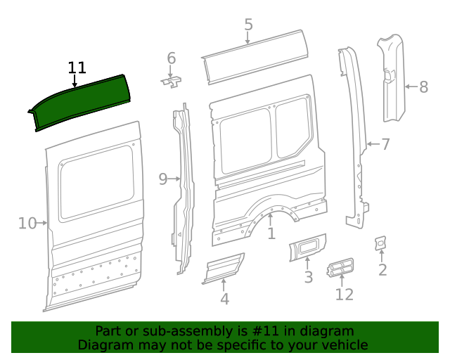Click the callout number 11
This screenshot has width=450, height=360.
pos(77,67)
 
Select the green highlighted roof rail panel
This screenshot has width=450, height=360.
pos(81,103)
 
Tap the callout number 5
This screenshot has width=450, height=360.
pos(248,25)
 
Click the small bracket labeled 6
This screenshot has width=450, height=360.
pos(171,82)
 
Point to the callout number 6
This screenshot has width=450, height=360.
pos(171,57)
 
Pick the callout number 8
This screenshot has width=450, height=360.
pos(423,87)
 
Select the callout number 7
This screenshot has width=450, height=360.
pos(385,145)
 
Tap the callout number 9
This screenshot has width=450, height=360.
pos(163,179)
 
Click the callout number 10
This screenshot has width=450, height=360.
pos(27,224)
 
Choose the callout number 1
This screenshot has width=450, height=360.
pos(271,233)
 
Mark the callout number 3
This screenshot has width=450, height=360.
pos(308,278)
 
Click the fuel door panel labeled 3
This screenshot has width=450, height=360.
pos(307,248)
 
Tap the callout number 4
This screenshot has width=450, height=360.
pos(224,300)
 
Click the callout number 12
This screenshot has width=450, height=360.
pos(344,294)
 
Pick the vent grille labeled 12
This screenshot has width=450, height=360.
pos(340,268)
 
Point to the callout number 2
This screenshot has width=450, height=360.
pos(382,270)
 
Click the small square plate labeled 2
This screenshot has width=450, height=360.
pos(380,243)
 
